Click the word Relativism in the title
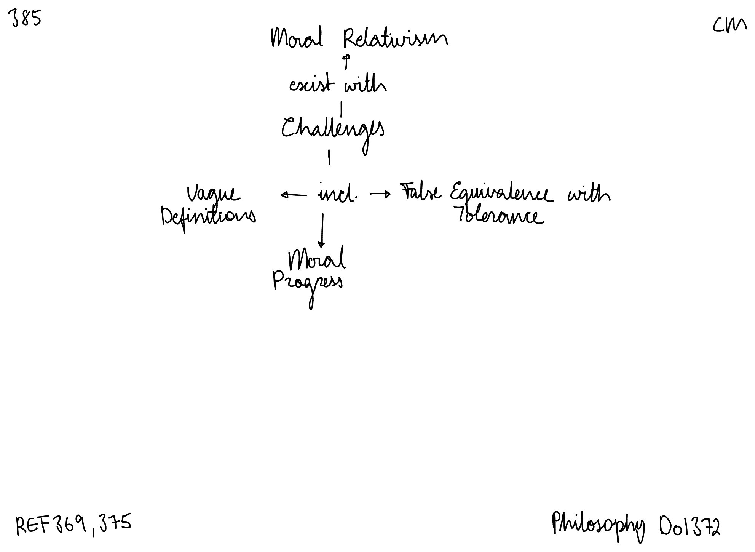395,39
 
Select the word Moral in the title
297,38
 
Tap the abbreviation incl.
337,195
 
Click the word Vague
214,195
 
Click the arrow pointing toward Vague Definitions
293,195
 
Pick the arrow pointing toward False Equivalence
380,195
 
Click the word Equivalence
500,194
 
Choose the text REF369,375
73,525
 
